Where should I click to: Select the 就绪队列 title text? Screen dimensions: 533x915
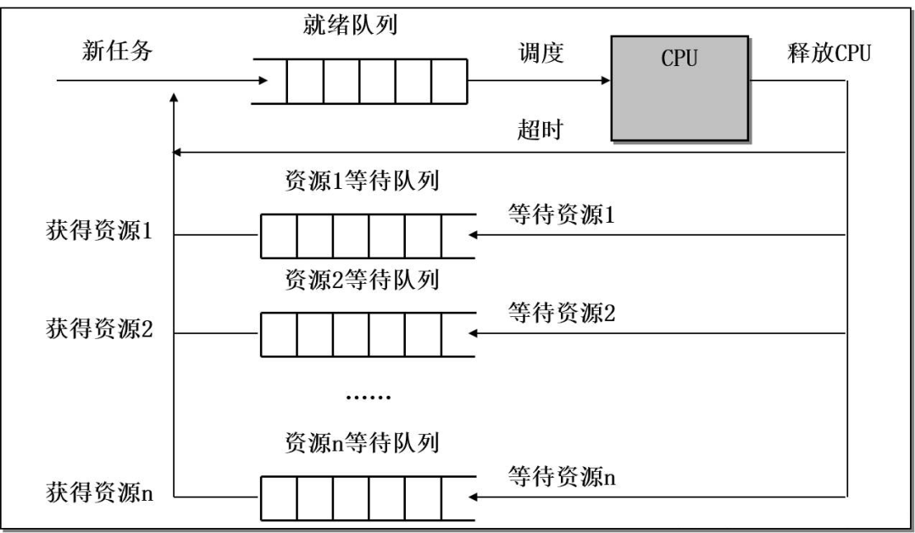[351, 25]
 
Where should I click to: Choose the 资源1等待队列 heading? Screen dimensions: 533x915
[362, 184]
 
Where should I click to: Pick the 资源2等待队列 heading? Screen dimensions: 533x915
[362, 280]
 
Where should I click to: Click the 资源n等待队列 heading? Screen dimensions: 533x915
[362, 441]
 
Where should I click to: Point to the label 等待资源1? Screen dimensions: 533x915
[561, 214]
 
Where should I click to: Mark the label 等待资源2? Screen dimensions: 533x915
[561, 311]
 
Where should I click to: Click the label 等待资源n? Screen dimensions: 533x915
[561, 475]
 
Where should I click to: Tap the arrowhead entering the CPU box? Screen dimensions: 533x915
[605, 81]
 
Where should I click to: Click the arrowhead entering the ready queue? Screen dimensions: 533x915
[260, 81]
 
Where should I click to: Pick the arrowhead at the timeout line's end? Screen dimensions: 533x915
[177, 153]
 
